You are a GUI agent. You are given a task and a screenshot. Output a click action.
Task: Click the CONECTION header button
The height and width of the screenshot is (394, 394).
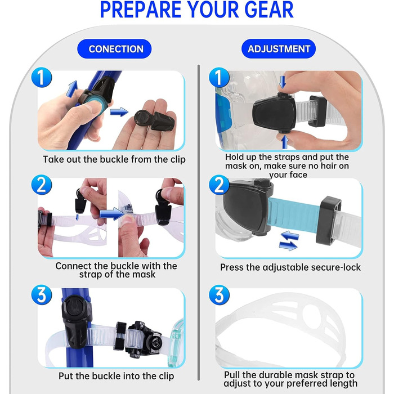(114, 49)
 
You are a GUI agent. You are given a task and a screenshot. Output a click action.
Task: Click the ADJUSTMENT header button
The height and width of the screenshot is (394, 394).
(279, 49)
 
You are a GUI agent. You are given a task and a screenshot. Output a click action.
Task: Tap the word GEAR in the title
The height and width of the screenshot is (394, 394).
(269, 10)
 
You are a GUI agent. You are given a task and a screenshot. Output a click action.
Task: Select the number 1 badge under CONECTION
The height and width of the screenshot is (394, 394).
(42, 78)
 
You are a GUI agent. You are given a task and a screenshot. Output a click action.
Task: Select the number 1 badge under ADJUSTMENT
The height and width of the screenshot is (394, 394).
(219, 78)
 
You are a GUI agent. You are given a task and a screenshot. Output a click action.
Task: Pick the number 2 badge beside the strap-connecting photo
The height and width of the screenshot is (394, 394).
(42, 185)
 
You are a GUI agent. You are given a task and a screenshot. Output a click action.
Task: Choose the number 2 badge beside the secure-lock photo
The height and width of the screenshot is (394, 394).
(219, 185)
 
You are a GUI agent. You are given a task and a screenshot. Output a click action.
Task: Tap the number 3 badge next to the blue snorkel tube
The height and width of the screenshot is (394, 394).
(42, 295)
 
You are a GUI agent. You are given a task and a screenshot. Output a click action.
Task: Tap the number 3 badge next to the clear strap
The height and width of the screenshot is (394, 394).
(219, 295)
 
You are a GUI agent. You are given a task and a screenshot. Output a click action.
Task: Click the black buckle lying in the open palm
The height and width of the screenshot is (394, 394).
(155, 119)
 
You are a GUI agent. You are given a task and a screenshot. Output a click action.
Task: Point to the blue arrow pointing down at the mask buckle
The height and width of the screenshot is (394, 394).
(283, 82)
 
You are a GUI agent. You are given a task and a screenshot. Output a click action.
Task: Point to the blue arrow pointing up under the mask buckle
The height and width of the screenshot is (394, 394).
(284, 142)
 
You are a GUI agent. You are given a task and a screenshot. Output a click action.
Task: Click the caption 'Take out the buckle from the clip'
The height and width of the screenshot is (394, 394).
(114, 159)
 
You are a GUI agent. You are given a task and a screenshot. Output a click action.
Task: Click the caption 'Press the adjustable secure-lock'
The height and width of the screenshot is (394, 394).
(290, 267)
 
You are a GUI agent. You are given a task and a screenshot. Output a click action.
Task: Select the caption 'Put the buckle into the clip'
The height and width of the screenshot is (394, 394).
(116, 376)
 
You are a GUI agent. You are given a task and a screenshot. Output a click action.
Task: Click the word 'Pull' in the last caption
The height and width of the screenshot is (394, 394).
(232, 375)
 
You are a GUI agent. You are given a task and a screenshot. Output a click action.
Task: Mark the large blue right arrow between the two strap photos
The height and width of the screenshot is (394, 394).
(113, 214)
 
